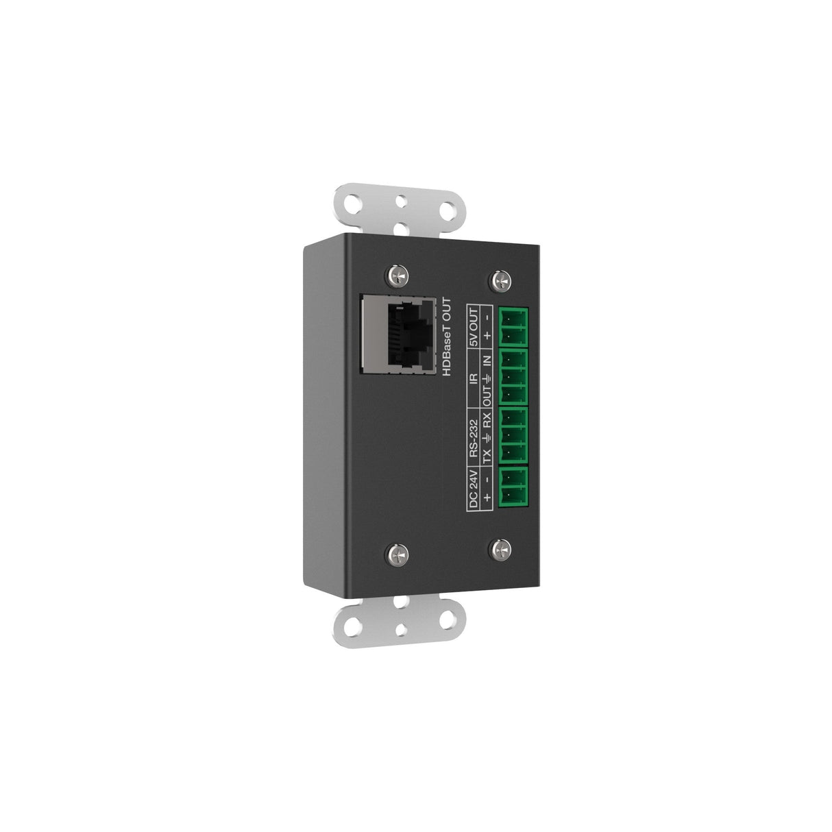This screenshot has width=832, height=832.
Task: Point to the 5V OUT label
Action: pos(472,326)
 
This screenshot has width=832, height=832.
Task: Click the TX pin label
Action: pos(487,456)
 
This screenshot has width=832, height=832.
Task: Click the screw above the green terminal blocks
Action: pos(500,280)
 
